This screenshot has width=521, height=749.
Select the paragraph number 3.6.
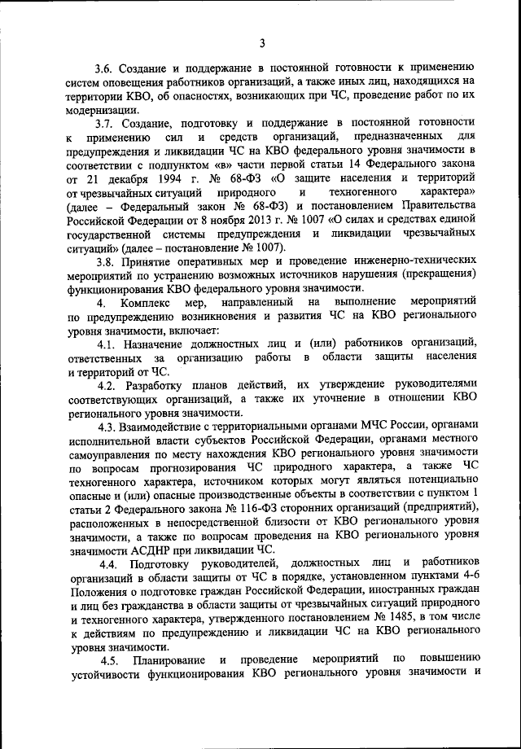tap(104, 66)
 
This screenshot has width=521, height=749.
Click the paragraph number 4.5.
tap(112, 658)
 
